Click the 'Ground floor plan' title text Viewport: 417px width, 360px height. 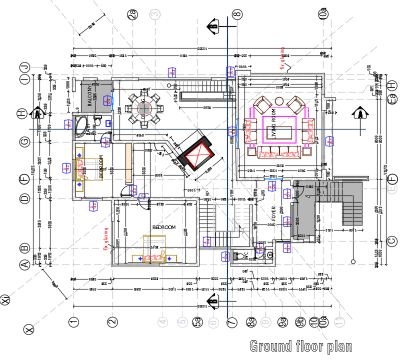coord(300,346)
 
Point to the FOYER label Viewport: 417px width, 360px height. coord(273,215)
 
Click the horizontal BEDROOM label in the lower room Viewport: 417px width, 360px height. coord(164,227)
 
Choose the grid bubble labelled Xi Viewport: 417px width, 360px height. coord(5,300)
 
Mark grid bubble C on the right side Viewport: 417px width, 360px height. coord(392,241)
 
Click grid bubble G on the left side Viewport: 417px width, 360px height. coord(23,142)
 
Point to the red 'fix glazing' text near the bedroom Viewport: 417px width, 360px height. coord(106,238)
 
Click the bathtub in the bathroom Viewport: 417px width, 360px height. coord(80,125)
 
